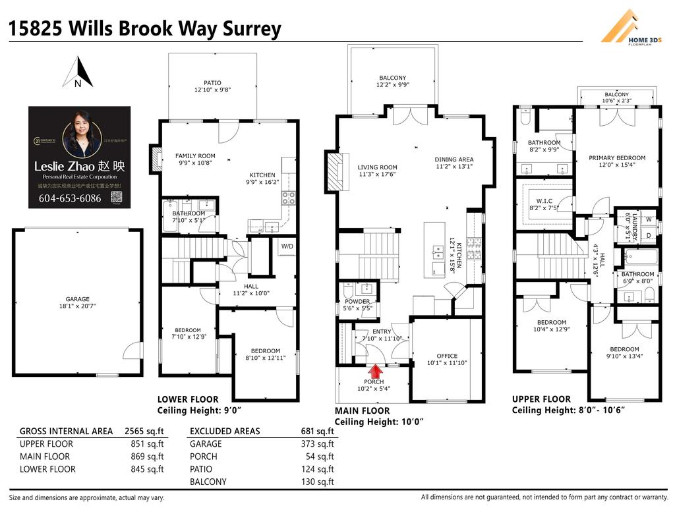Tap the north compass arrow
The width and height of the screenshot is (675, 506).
click(78, 72)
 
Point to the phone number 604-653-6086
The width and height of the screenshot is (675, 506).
click(70, 198)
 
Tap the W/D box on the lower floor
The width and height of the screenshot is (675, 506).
click(287, 246)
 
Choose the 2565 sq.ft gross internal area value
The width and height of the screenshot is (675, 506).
click(144, 432)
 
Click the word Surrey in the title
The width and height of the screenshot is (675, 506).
click(252, 29)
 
